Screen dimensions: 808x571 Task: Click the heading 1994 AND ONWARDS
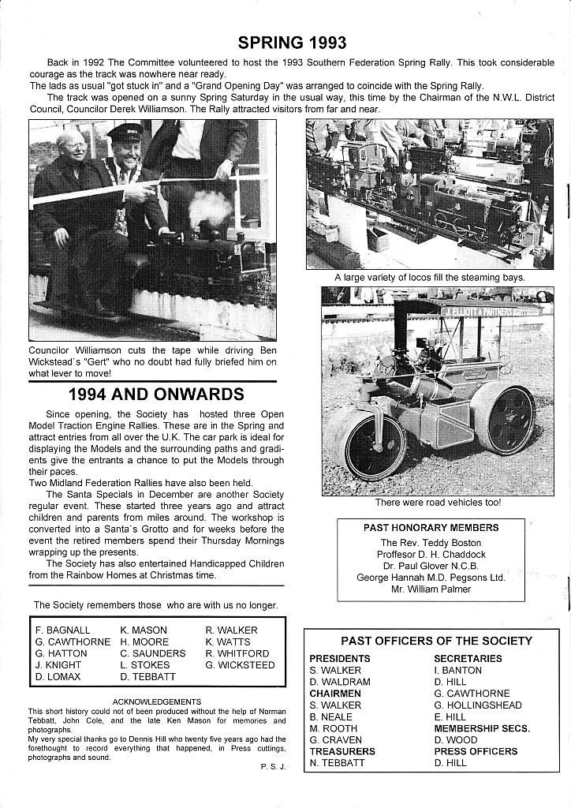coord(156,395)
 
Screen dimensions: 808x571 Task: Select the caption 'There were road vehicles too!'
coord(438,502)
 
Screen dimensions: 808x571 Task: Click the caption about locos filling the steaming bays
coord(430,277)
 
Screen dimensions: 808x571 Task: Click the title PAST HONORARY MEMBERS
coord(431,528)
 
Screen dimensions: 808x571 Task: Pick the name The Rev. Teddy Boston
coord(431,543)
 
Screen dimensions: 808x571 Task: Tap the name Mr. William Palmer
coord(431,589)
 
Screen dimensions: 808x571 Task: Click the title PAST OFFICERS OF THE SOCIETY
coord(436,641)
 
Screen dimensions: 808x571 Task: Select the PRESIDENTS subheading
coord(340,658)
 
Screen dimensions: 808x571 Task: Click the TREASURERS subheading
coord(342,751)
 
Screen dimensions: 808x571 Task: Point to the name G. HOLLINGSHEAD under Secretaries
coord(478,705)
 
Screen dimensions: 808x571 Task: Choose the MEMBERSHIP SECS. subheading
coord(482,728)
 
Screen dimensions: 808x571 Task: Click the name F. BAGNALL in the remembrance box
coord(63,630)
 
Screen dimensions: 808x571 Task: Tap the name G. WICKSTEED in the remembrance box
coord(240,665)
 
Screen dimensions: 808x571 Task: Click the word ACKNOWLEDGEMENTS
coord(157,701)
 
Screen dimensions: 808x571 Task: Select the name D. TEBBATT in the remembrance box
coord(148,677)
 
